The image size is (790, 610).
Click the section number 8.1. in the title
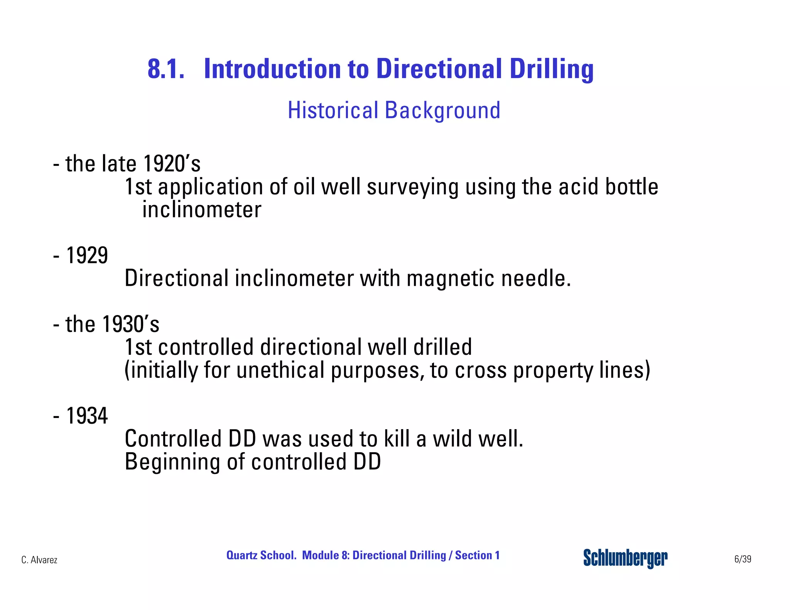[166, 69]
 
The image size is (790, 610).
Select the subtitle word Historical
[333, 110]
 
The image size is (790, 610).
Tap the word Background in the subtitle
[442, 111]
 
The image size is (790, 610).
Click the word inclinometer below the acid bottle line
[202, 210]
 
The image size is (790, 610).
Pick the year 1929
[87, 255]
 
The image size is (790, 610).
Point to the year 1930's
[130, 324]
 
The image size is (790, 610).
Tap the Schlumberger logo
[625, 558]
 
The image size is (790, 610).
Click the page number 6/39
[743, 559]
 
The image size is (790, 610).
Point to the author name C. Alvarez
[39, 560]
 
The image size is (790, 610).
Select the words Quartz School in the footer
[261, 555]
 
